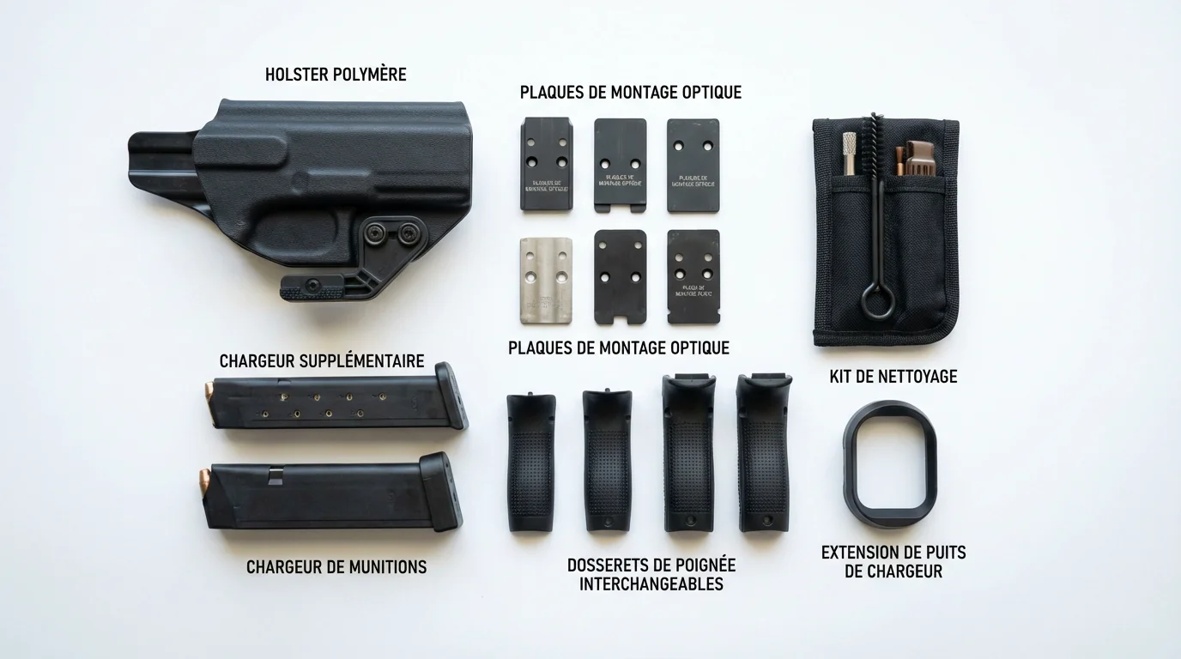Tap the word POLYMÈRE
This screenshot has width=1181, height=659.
pyautogui.click(x=369, y=75)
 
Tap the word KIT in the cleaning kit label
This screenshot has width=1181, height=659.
pyautogui.click(x=842, y=376)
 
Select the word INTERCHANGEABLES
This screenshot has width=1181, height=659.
pyautogui.click(x=651, y=584)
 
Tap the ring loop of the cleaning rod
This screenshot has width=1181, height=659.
pyautogui.click(x=873, y=303)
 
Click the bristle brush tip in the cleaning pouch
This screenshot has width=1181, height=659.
pyautogui.click(x=875, y=137)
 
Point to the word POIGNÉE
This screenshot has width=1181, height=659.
pyautogui.click(x=700, y=565)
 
